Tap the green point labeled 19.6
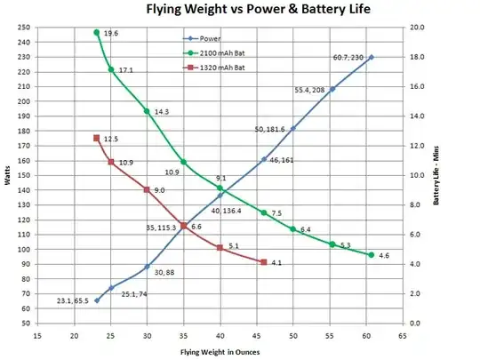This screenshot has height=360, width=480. [x=96, y=33]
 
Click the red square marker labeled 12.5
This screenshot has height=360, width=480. [x=96, y=138]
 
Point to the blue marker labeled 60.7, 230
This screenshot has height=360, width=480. [x=371, y=57]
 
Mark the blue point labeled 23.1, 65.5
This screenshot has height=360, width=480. [x=97, y=300]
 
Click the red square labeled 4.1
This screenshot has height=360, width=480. [x=264, y=262]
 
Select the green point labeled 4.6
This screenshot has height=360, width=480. [x=371, y=255]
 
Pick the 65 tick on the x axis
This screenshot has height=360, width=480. [x=403, y=336]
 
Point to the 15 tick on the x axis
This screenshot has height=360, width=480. [x=37, y=336]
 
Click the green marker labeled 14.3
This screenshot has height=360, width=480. [x=148, y=111]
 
